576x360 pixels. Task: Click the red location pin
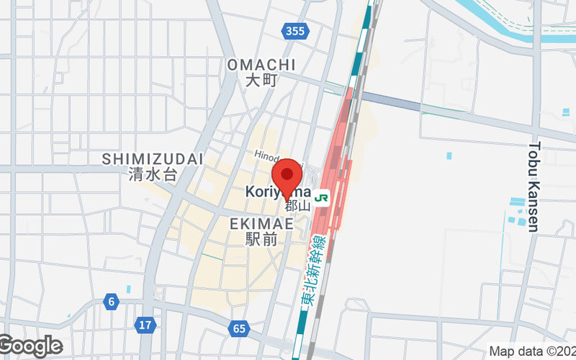tap(289, 175)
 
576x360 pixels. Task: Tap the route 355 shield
tap(294, 30)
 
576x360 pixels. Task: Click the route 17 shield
tap(145, 325)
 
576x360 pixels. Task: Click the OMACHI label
tap(261, 66)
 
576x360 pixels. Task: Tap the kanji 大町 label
tap(261, 81)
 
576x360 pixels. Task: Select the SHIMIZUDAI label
tap(153, 158)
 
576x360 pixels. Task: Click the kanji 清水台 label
tap(153, 174)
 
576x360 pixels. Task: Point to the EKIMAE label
tap(261, 224)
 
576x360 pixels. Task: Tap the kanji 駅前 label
tap(261, 239)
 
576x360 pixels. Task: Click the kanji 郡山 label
tap(297, 206)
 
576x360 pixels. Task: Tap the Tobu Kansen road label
tap(534, 186)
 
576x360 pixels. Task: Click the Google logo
tap(30, 346)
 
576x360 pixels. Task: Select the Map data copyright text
tap(531, 351)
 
